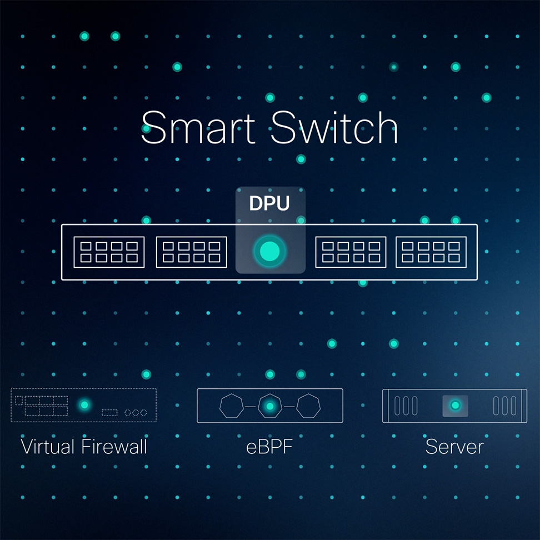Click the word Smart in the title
[x=201, y=128]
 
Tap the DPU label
[x=269, y=204]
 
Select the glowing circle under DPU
[x=270, y=252]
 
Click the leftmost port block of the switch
[x=109, y=252]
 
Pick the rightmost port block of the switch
[x=431, y=252]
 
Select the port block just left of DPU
[x=192, y=252]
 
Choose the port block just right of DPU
[x=351, y=252]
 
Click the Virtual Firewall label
[x=84, y=446]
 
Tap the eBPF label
[x=269, y=446]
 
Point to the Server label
[x=454, y=446]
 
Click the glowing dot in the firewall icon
[x=84, y=405]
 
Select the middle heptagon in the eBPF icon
[x=270, y=406]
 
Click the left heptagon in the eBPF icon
[x=232, y=406]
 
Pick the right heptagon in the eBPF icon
[x=308, y=406]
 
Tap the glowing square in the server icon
[x=456, y=406]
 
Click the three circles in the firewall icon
[x=136, y=413]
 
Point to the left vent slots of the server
[x=406, y=406]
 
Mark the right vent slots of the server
[x=504, y=406]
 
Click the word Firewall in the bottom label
[x=115, y=446]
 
